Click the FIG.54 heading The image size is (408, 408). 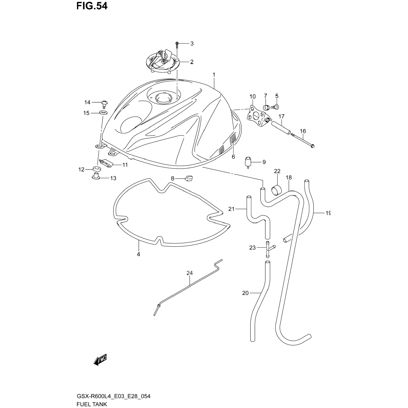pos(92,6)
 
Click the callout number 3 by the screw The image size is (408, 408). pos(192,44)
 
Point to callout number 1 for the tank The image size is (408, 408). pos(214,75)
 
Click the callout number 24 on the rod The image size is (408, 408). pos(190,273)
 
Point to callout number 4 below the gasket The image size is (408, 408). pos(138,254)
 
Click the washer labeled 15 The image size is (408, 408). pos(103,113)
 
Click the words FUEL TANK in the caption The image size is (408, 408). pos(91,404)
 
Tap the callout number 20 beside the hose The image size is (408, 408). pos(245,293)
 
